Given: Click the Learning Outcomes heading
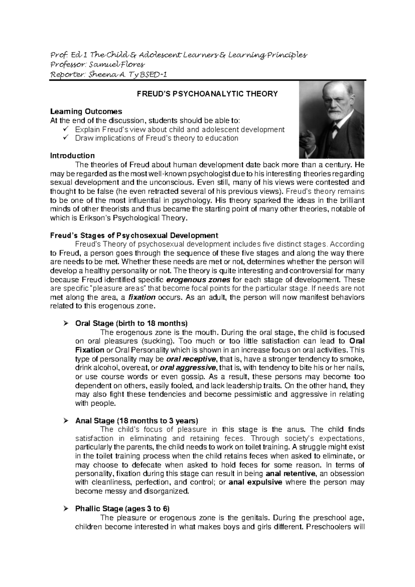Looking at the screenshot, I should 86,111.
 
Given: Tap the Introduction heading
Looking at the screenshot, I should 72,156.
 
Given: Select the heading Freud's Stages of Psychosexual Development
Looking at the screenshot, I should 134,236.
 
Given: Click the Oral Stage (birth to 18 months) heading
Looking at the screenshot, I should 131,324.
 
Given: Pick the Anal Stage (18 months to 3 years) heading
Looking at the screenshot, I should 137,421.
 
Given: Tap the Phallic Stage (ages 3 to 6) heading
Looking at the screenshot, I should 122,509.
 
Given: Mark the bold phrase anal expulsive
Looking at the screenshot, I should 256,482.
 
